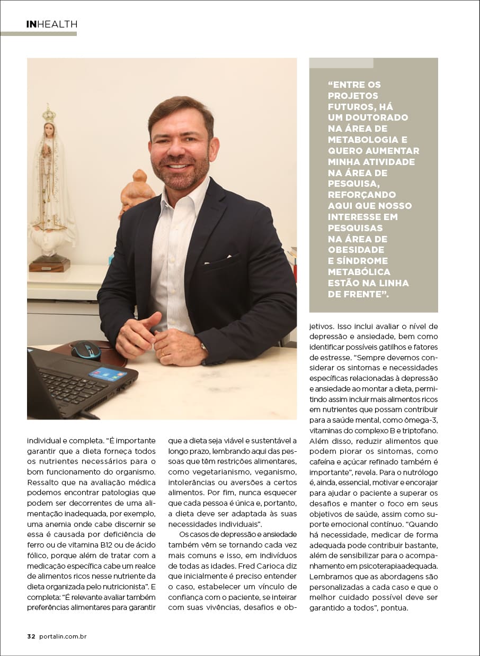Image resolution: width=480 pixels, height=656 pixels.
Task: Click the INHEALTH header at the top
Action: (x=51, y=24)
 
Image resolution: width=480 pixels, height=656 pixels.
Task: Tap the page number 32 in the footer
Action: (x=31, y=636)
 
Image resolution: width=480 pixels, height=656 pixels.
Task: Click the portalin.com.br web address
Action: (x=63, y=636)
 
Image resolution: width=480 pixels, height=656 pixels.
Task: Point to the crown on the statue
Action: (x=49, y=113)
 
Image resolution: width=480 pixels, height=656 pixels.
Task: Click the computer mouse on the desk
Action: (x=86, y=350)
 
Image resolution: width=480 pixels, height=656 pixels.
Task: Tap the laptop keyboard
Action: (x=74, y=386)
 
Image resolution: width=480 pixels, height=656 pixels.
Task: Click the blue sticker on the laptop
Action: (x=108, y=373)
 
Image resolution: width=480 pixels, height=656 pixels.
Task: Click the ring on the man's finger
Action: (x=163, y=352)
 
